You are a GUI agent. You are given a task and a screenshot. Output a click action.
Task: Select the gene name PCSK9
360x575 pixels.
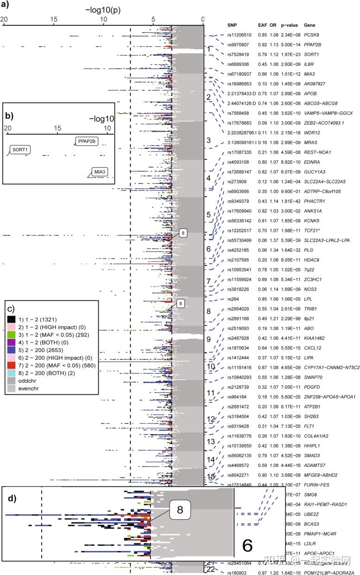click(311, 34)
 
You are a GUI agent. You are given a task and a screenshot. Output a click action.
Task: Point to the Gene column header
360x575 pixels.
click(309, 24)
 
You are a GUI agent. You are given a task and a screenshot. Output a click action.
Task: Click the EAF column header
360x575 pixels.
click(262, 24)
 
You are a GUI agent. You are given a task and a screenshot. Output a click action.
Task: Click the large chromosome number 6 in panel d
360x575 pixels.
click(247, 545)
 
